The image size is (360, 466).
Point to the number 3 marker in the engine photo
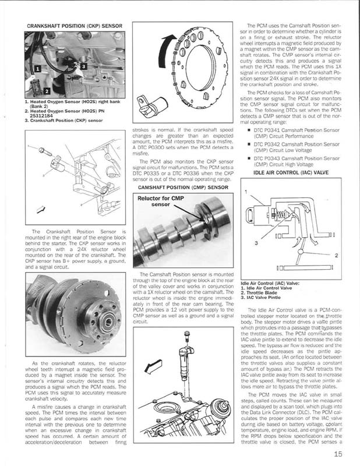click(84, 66)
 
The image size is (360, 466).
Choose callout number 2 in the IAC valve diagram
click(336, 254)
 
